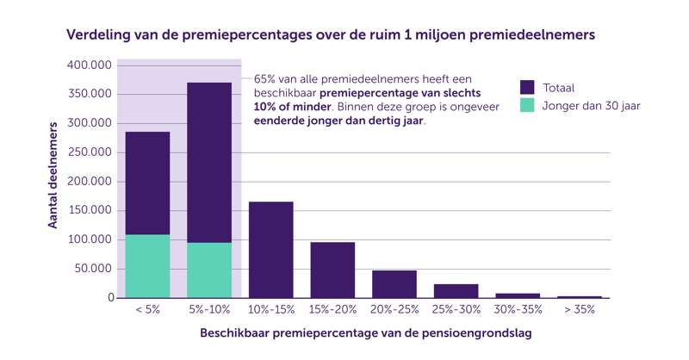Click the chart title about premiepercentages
coord(331,36)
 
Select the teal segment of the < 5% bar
coord(147,266)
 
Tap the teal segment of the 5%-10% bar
coord(209,270)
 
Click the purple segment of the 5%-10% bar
coord(209,162)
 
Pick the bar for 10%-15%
coord(271,250)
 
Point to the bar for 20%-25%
coord(394,284)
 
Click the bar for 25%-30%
coord(456,291)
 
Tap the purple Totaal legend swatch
coord(527,87)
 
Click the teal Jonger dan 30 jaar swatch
coord(527,106)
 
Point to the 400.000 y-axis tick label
coord(90,65)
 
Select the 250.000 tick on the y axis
coord(90,152)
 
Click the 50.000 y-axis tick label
coord(93,269)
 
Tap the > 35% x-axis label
coord(579,309)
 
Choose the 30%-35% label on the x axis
coord(518,309)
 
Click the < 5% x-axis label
coord(147,309)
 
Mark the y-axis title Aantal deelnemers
coord(53,175)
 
